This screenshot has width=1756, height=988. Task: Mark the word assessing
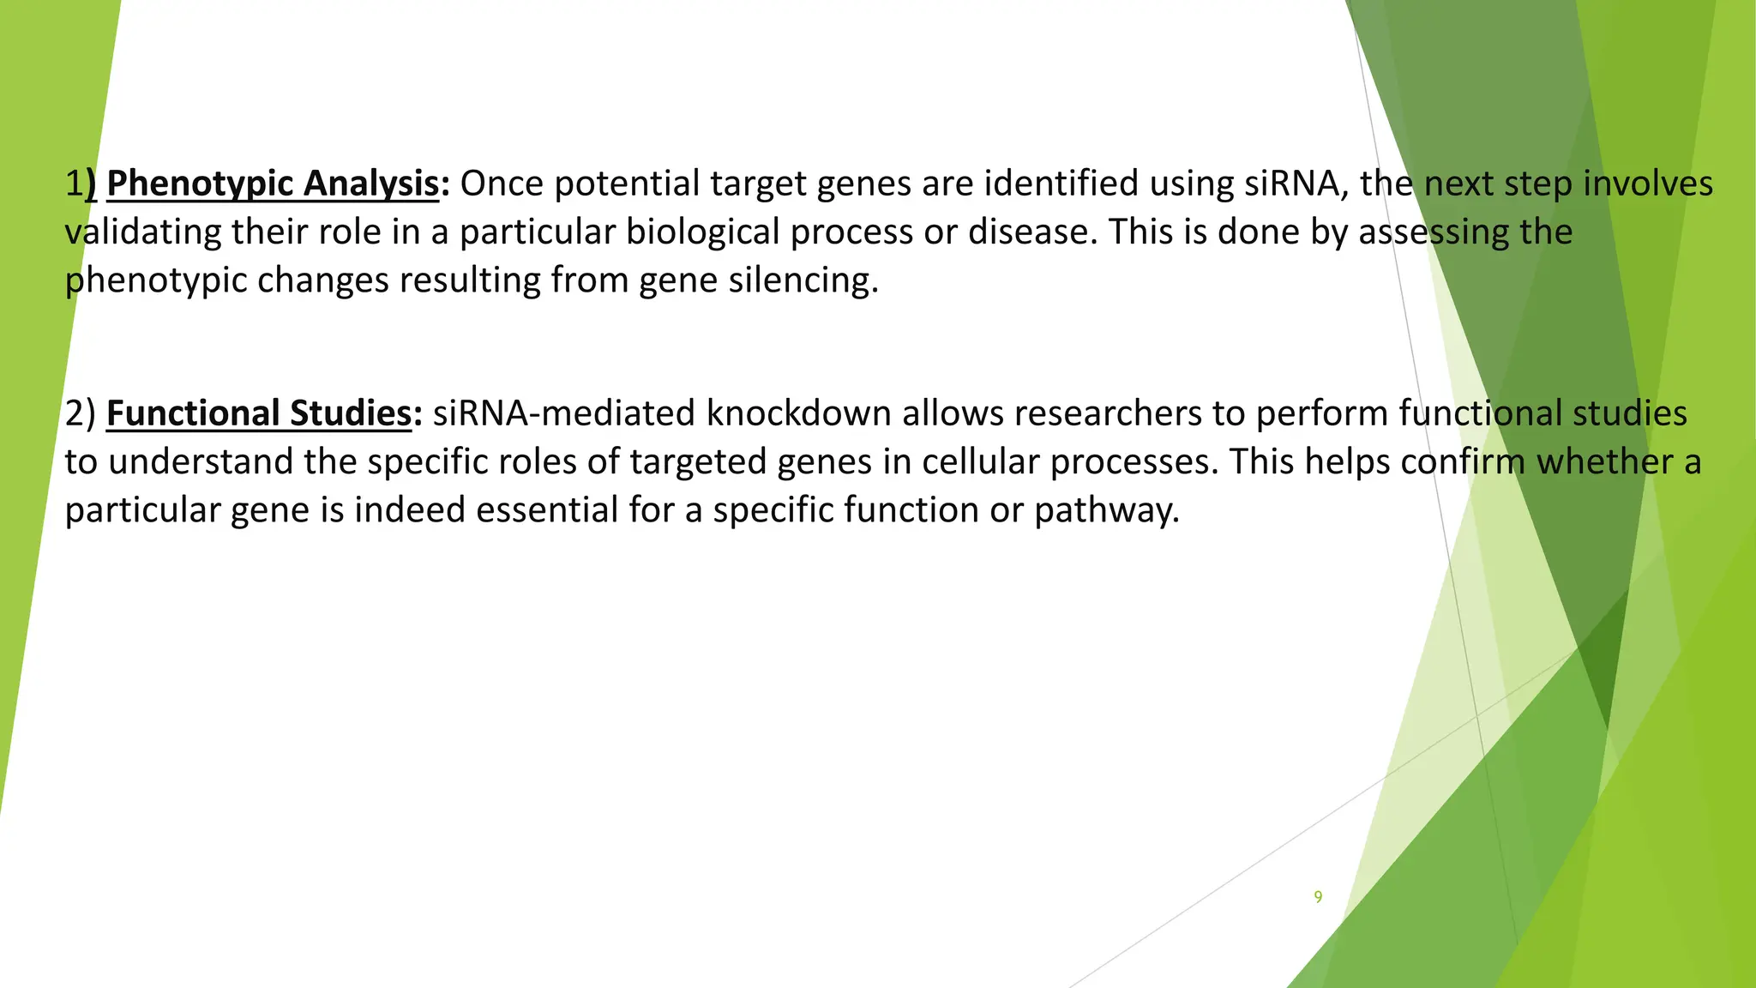[1430, 232]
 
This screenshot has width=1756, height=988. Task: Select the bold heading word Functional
[193, 413]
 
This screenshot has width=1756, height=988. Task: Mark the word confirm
[1463, 462]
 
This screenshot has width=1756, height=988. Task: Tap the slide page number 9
[1318, 897]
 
